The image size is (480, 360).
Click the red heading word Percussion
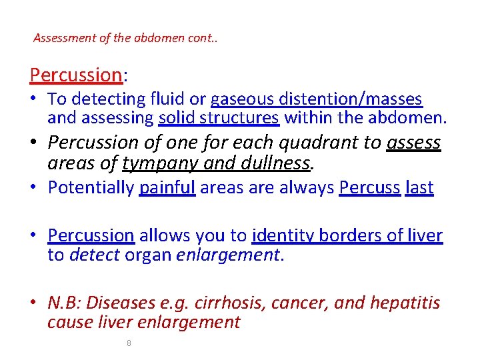coord(74,75)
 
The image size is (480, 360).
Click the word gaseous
coord(240,99)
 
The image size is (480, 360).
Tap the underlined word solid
coord(176,118)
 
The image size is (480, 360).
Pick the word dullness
coord(273,163)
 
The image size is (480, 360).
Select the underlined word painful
coord(167,188)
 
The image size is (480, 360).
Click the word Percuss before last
coord(369,188)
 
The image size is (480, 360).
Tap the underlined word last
coord(419,188)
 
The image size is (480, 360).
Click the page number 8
coord(129,343)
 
